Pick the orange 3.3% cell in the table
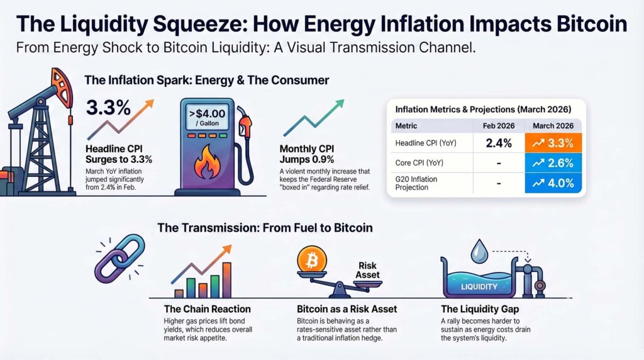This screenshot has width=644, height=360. tap(552, 143)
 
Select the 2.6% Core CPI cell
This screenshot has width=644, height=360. tap(552, 164)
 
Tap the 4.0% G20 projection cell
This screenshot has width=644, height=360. tap(552, 184)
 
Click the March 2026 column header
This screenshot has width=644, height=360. tap(552, 126)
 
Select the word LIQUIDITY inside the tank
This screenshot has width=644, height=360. tap(479, 286)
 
